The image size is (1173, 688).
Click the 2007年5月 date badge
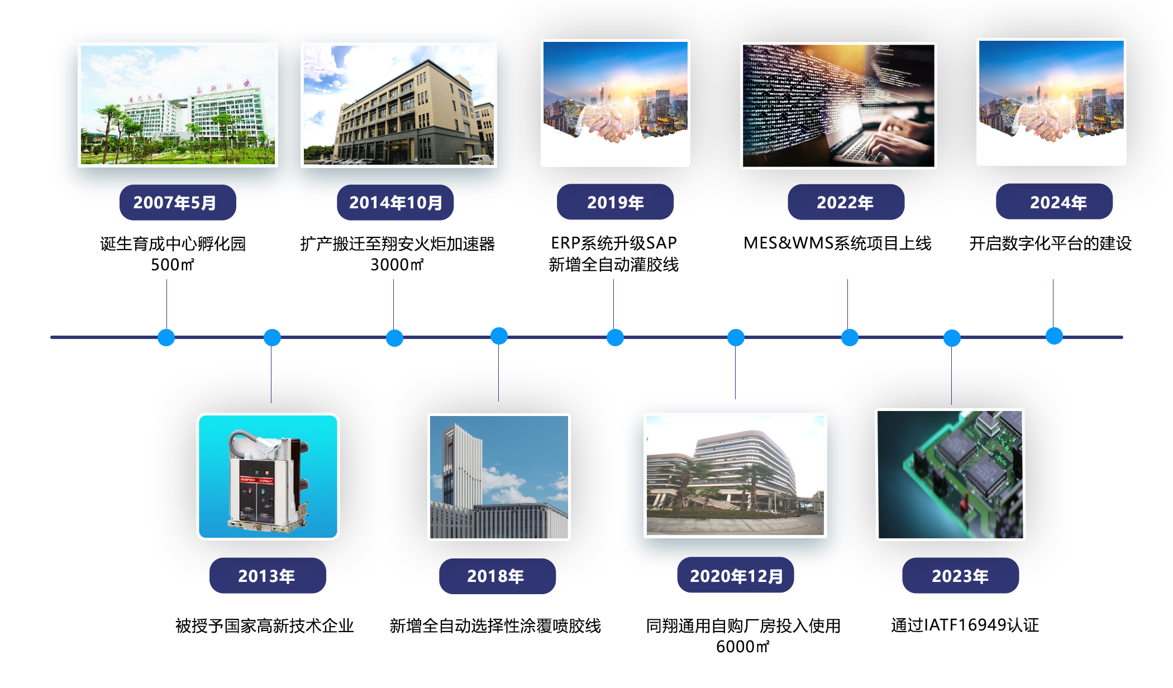[178, 202]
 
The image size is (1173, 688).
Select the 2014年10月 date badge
[395, 202]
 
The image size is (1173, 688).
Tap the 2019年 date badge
[615, 202]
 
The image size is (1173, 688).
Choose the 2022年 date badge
[846, 202]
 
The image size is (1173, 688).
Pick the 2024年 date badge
[1054, 202]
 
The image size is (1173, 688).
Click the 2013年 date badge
[268, 575]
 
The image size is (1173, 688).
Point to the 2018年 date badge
[497, 576]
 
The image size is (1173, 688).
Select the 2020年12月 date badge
[736, 575]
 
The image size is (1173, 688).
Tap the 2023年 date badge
[961, 575]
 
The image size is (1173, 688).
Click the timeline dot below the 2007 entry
[166, 337]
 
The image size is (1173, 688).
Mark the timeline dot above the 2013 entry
[272, 337]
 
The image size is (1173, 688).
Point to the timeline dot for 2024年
[1054, 336]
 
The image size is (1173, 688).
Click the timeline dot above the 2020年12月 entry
[736, 337]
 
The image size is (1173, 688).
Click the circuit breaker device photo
[268, 476]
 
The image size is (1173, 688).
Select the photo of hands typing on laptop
[838, 106]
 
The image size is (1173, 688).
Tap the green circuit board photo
[950, 475]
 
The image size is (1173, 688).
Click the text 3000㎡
[397, 264]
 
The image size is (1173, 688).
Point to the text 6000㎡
[743, 646]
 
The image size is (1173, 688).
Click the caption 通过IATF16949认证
[965, 625]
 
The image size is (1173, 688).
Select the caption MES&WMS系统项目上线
[837, 243]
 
